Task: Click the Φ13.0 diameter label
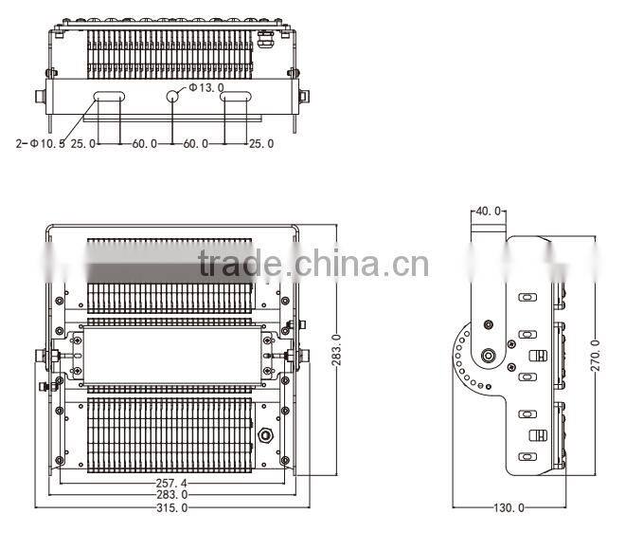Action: coord(206,88)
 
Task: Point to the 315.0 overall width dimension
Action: coord(170,508)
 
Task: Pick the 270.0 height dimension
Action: coord(595,354)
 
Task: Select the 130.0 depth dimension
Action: coord(508,508)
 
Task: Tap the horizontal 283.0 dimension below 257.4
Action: coord(170,494)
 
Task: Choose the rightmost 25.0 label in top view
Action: coord(259,143)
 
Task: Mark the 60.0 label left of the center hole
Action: coord(144,143)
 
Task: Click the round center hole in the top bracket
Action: coord(173,96)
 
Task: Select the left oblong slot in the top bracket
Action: coord(108,96)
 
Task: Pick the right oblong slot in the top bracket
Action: coord(237,96)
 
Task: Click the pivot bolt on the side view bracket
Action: coord(490,358)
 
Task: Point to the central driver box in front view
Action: coord(170,357)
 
